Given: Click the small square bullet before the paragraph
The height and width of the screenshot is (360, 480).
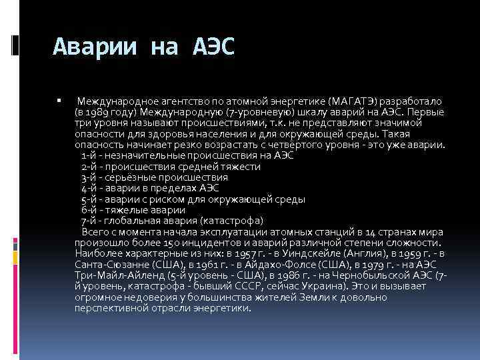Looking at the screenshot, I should [59, 100].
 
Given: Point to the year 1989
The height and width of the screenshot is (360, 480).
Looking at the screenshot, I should [97, 111].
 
